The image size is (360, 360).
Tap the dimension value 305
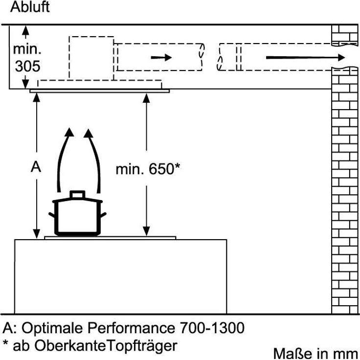click(27, 67)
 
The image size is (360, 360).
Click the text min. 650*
click(148, 170)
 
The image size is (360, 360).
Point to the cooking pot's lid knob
click(76, 195)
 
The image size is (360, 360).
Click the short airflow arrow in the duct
click(161, 57)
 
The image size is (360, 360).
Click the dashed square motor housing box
click(92, 57)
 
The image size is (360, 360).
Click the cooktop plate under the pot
click(110, 238)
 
